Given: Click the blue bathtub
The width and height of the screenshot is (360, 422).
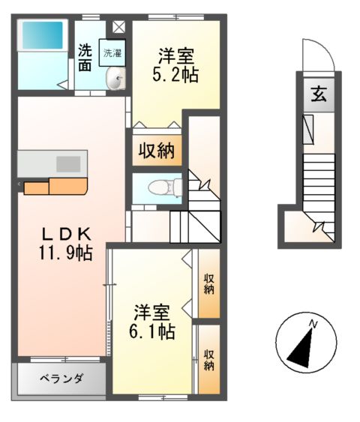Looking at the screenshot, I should [x=41, y=34].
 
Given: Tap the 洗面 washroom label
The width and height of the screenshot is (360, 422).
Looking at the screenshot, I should [x=85, y=58].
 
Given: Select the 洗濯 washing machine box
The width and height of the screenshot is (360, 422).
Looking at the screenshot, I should [x=113, y=53].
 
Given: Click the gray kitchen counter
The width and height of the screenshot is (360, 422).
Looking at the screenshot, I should [x=51, y=163].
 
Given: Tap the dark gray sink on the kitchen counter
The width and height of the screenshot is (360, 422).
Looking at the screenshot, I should [x=68, y=163].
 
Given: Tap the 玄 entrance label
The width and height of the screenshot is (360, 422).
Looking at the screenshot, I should [x=319, y=94].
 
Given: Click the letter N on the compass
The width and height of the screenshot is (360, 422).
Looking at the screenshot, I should [x=315, y=324].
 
